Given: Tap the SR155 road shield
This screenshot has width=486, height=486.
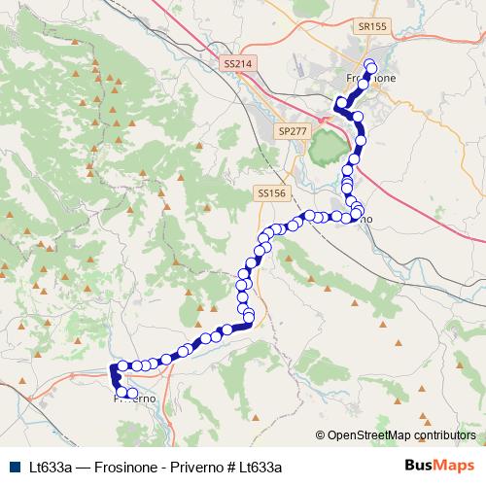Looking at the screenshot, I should pos(368,28).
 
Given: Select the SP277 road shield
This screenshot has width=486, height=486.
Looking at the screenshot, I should pos(291,129).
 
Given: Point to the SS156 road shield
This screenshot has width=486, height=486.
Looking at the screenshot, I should pos(272,193).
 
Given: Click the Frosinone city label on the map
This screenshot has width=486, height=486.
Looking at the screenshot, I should pos(370,78).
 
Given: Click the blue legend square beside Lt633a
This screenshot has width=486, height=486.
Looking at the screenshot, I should pos(13,467).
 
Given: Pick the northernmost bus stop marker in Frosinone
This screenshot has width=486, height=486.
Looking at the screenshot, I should pos(369,64).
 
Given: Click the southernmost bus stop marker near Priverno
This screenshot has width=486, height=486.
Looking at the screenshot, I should pos(133,394).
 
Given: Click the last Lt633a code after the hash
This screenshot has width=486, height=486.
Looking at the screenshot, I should pos(260,467).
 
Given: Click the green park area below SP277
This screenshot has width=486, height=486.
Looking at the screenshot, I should pos(328,149).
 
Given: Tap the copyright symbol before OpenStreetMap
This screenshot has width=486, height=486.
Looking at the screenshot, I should pos(321,435).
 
